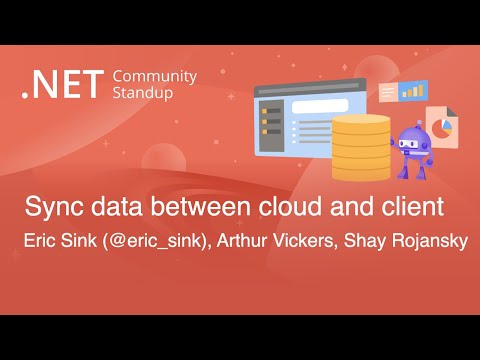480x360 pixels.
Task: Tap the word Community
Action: click(155, 76)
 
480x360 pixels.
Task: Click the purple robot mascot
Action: click(414, 150)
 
